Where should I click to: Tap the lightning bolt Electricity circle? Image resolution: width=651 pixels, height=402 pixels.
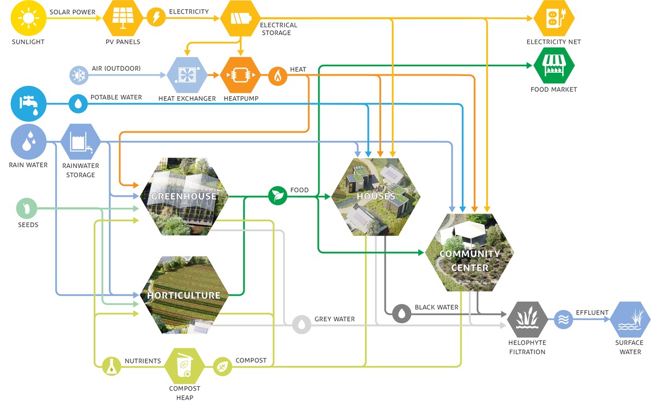point(156,18)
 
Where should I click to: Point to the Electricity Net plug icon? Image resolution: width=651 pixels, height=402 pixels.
point(553,18)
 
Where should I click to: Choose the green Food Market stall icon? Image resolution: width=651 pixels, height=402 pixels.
point(553,66)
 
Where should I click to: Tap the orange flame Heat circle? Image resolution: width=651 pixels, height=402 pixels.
point(278,77)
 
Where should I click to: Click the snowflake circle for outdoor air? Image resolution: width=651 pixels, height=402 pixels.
point(78,76)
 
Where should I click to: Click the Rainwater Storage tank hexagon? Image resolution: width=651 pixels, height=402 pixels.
point(80,142)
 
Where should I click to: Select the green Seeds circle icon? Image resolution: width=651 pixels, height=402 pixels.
point(26,208)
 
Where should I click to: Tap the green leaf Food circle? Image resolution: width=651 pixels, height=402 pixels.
point(278,196)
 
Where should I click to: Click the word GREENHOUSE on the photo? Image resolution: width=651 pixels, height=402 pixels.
point(184,196)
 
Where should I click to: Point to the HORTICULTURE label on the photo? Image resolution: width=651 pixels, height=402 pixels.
point(184,296)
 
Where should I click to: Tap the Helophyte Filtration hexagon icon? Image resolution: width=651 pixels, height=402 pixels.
point(527,319)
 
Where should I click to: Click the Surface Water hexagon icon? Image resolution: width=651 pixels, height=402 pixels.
point(629,319)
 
